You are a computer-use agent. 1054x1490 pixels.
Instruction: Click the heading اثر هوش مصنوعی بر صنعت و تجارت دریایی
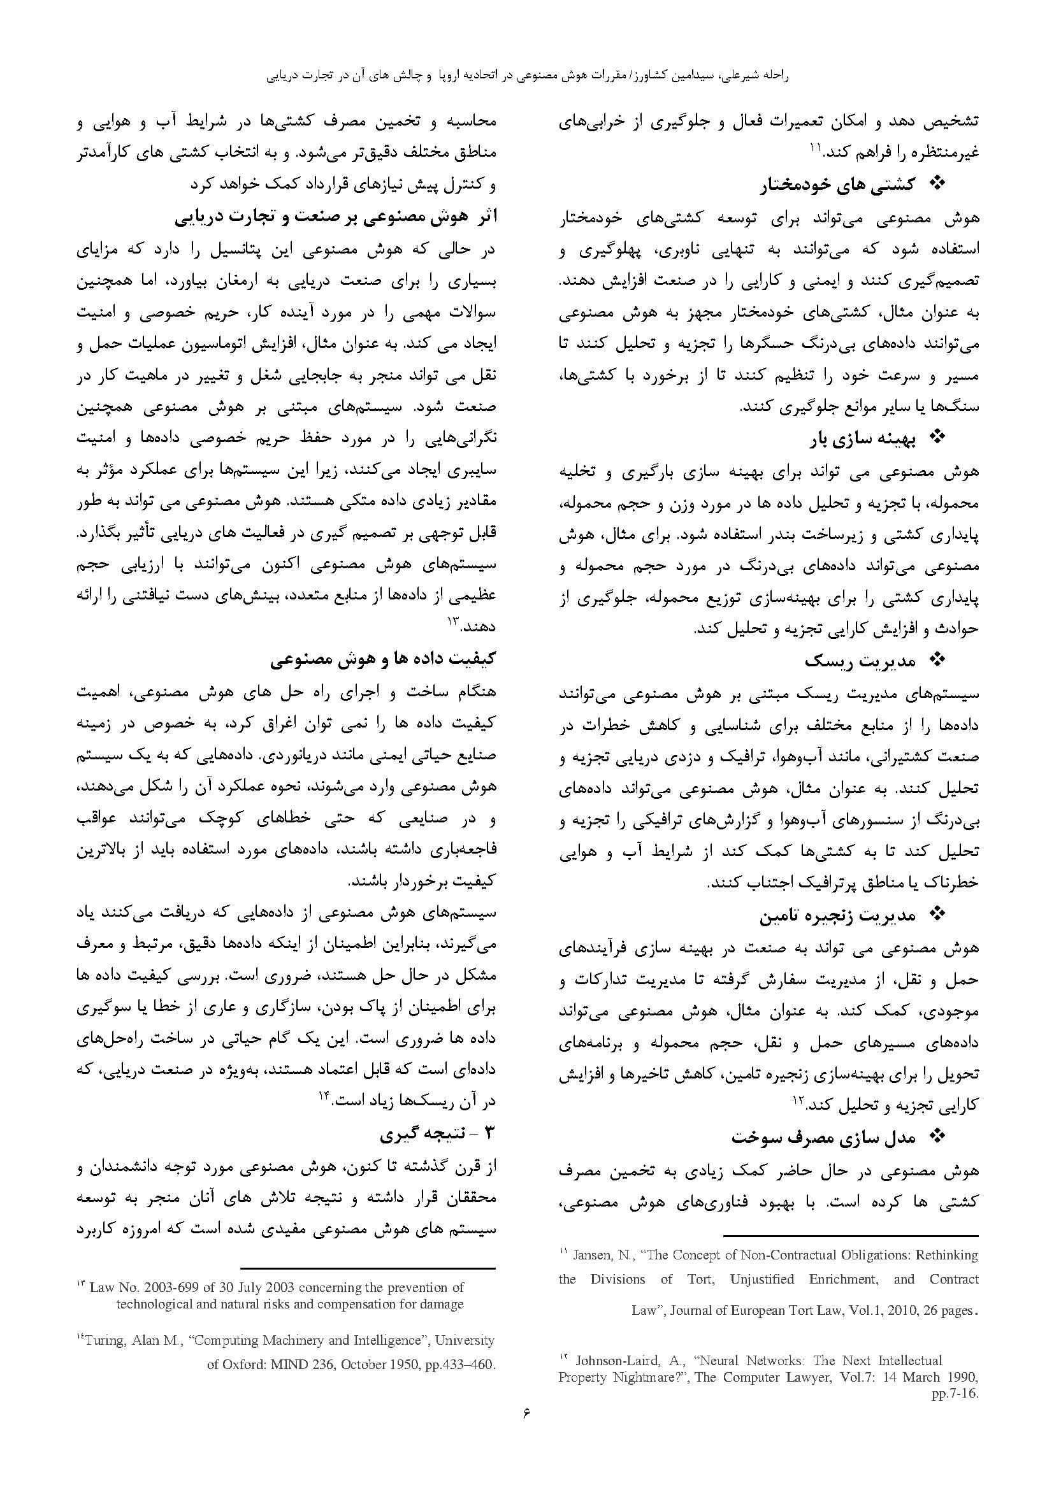point(336,217)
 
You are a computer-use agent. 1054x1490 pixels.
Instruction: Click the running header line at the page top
point(526,76)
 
